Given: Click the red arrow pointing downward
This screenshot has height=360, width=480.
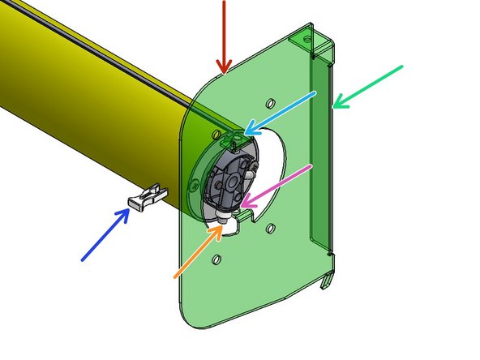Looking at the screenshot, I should (225, 36).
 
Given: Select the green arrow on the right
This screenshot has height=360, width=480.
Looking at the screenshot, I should (368, 85).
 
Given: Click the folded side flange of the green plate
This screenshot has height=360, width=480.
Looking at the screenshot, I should (324, 162).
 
